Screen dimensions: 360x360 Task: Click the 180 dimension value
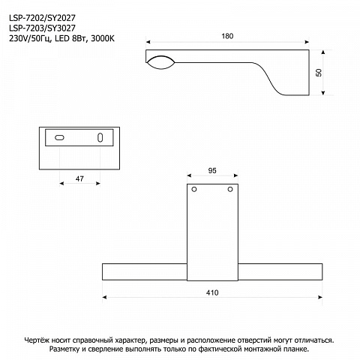(x=227, y=36)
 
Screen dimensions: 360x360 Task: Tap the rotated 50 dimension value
(x=319, y=73)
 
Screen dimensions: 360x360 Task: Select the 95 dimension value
(x=212, y=171)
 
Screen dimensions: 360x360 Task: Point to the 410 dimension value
(x=212, y=292)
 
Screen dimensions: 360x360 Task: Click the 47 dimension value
(x=79, y=179)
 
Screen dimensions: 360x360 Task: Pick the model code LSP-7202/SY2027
(x=42, y=18)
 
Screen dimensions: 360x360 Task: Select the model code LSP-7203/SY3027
(x=42, y=28)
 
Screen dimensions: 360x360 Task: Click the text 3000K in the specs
(x=103, y=39)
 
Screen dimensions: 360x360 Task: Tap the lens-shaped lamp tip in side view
(x=160, y=62)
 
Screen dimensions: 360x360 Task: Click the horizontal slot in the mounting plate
(x=59, y=137)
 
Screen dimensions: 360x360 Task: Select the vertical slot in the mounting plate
(x=100, y=137)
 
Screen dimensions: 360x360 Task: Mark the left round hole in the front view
(x=194, y=190)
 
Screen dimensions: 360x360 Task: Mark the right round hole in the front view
(x=230, y=190)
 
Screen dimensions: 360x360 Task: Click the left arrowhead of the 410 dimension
(x=104, y=297)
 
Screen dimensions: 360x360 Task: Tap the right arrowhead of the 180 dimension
(x=307, y=42)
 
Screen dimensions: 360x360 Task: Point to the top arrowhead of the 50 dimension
(x=323, y=52)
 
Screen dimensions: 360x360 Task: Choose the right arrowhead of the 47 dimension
(x=98, y=184)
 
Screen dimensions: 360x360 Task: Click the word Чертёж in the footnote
(x=37, y=340)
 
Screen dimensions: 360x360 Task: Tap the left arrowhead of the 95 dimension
(x=189, y=175)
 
